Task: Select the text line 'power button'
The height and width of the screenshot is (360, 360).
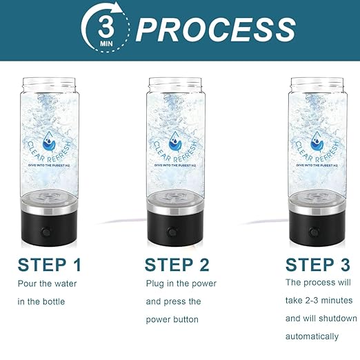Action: point(172,320)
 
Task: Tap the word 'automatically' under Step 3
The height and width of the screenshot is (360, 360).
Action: point(312,337)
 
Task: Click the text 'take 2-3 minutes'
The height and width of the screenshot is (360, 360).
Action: point(319,300)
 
